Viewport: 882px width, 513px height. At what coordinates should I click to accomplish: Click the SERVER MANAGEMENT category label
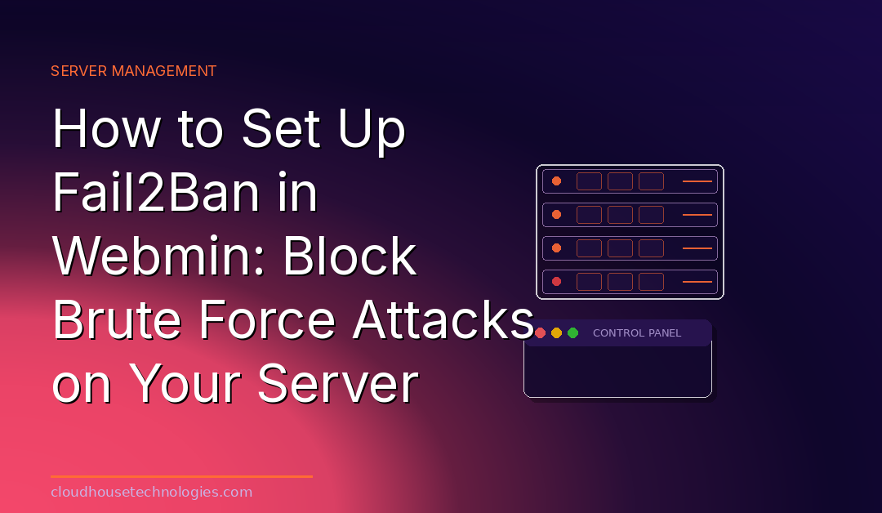tap(133, 71)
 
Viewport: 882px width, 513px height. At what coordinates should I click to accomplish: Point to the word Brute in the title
tap(117, 319)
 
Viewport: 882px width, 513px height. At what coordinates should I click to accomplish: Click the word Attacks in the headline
tap(443, 319)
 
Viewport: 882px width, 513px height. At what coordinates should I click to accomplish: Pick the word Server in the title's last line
tap(338, 384)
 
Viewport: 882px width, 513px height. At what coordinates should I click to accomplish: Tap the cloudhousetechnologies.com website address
tap(151, 493)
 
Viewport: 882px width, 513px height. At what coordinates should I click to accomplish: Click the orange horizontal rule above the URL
tap(181, 476)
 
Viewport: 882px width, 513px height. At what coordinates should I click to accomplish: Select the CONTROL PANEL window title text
tap(637, 333)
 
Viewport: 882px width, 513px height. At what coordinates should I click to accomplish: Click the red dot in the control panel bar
tap(540, 333)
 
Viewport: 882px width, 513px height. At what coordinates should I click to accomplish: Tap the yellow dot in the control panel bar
tap(556, 333)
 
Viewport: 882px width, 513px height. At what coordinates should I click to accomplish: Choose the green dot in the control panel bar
tap(572, 333)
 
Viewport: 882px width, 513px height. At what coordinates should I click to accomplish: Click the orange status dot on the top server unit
tap(556, 181)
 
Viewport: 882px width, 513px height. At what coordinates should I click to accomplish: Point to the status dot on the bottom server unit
tap(556, 281)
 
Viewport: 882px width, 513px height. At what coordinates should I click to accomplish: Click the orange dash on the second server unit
tap(697, 215)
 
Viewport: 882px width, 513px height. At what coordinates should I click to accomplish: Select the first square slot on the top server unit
tap(589, 181)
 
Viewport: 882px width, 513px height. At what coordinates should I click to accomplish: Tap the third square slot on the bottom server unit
tap(651, 281)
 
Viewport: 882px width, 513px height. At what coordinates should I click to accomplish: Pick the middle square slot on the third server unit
tap(620, 248)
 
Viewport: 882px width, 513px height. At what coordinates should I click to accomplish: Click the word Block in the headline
tap(350, 256)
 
